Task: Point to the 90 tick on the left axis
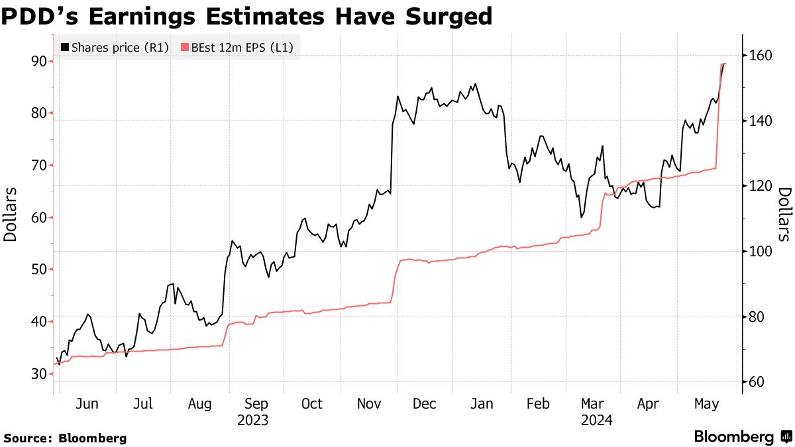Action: [x=38, y=61]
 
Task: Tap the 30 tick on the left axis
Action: [x=38, y=374]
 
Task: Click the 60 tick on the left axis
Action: [x=38, y=218]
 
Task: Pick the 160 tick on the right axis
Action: [x=759, y=56]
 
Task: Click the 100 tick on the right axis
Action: [x=759, y=252]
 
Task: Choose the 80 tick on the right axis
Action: [x=756, y=317]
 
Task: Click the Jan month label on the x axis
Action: [x=482, y=404]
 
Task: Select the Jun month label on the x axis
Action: [x=87, y=404]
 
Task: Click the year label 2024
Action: [x=596, y=420]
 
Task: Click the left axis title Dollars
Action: [x=11, y=214]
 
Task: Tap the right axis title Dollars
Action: [x=784, y=214]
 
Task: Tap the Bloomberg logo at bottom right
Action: [x=742, y=437]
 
